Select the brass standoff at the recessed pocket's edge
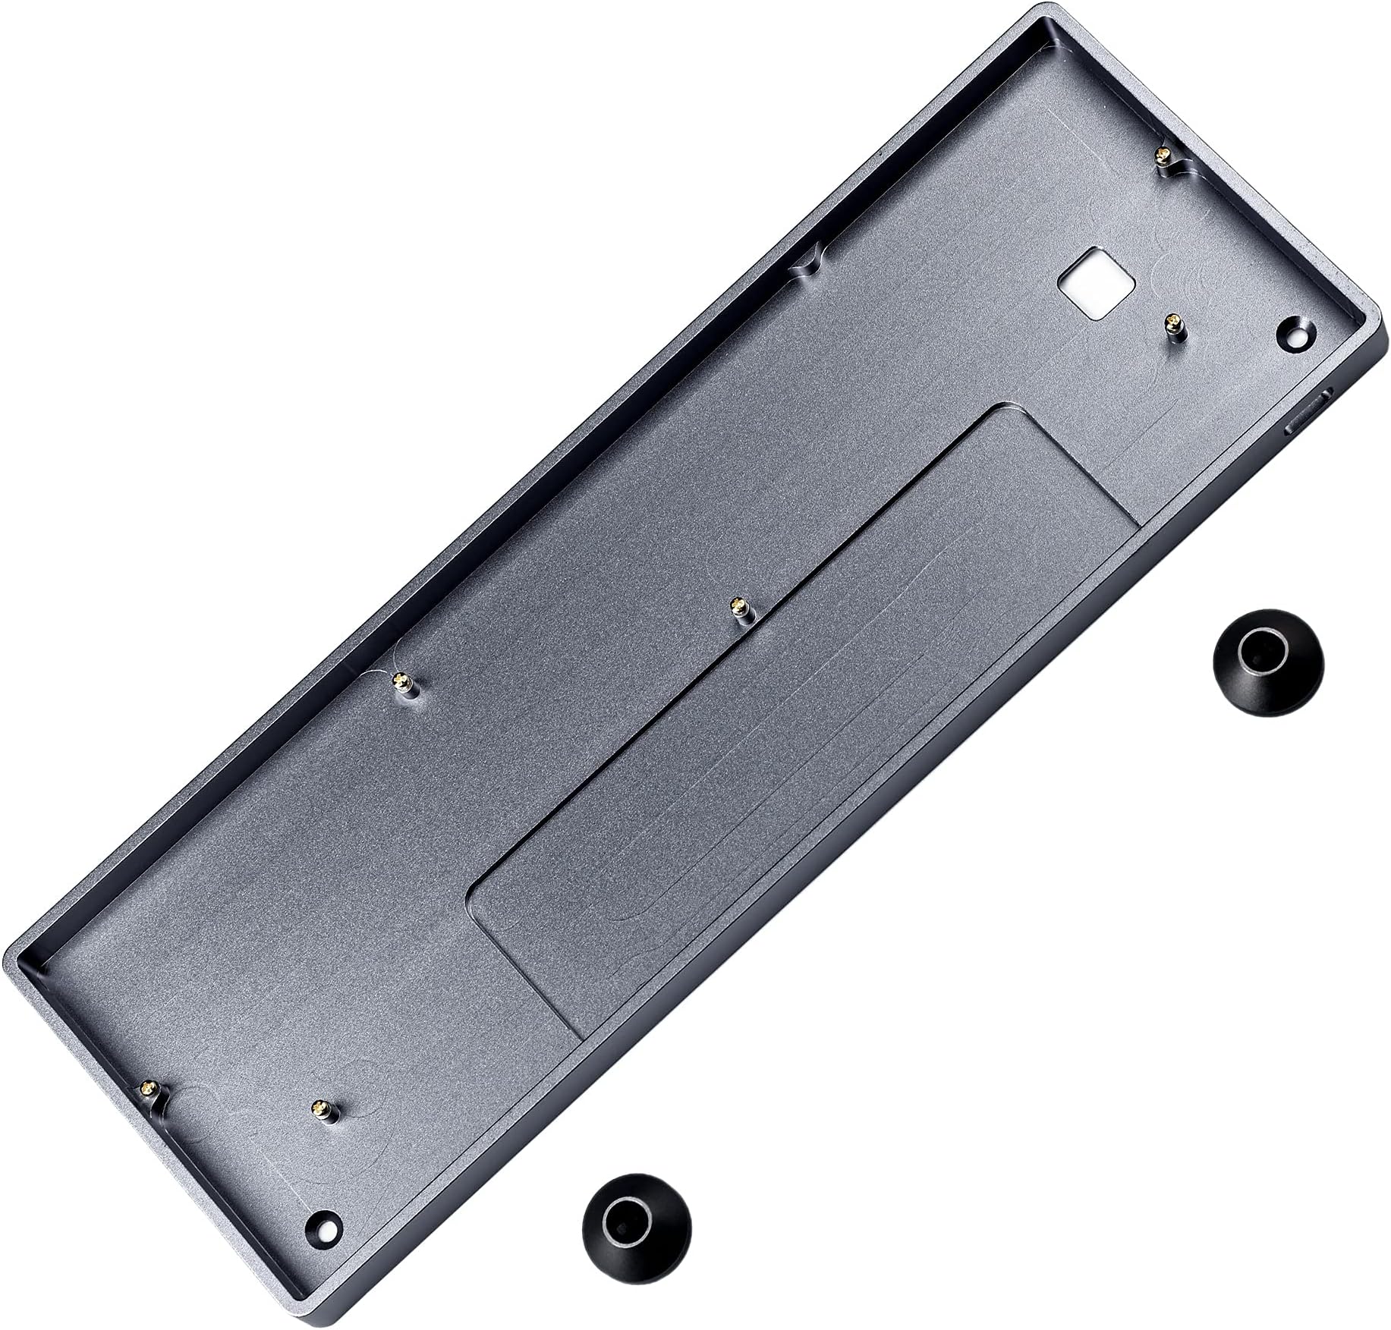(x=736, y=608)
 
